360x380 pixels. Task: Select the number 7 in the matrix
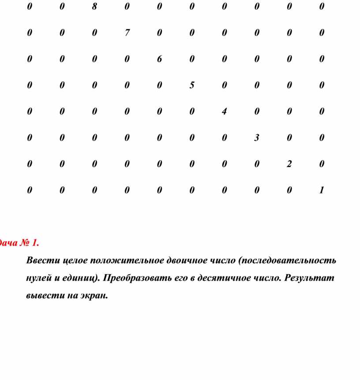[x=127, y=33]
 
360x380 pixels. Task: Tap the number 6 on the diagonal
[x=159, y=59]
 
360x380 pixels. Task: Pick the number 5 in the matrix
[x=192, y=85]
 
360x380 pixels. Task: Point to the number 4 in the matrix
[x=224, y=112]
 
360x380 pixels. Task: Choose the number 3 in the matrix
[x=256, y=138]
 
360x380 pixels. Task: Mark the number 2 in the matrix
[x=289, y=164]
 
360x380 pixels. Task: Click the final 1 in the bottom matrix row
[x=322, y=190]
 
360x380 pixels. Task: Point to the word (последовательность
[x=287, y=260]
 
